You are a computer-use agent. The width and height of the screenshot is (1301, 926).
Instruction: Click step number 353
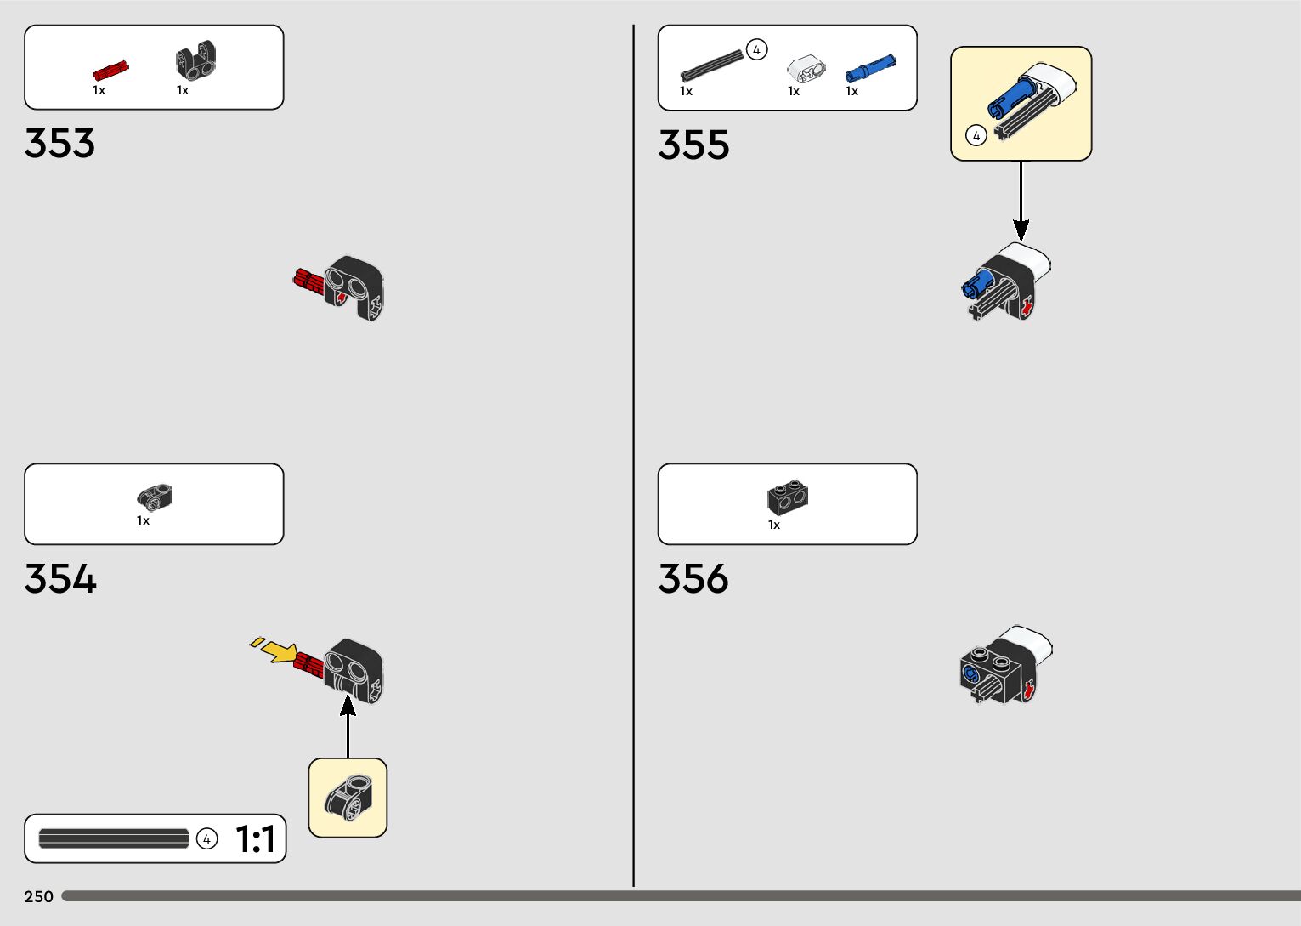pyautogui.click(x=59, y=143)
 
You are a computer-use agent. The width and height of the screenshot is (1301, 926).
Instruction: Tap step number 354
pyautogui.click(x=60, y=578)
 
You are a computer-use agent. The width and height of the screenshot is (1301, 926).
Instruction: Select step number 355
pyautogui.click(x=693, y=145)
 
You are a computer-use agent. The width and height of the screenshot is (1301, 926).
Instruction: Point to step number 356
pyautogui.click(x=693, y=578)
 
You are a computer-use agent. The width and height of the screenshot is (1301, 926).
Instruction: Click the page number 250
pyautogui.click(x=39, y=896)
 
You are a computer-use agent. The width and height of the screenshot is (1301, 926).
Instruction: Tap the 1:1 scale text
pyautogui.click(x=255, y=839)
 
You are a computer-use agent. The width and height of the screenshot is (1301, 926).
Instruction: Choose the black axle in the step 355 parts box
pyautogui.click(x=711, y=65)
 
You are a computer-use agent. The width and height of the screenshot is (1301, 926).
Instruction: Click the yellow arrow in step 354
pyautogui.click(x=277, y=651)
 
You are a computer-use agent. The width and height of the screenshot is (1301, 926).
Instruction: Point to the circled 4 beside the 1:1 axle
pyautogui.click(x=206, y=839)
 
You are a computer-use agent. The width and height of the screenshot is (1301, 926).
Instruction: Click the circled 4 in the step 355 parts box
pyautogui.click(x=756, y=50)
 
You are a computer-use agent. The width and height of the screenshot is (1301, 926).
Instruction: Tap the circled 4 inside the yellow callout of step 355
pyautogui.click(x=976, y=135)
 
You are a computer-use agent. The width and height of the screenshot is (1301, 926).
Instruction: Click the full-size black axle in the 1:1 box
pyautogui.click(x=114, y=839)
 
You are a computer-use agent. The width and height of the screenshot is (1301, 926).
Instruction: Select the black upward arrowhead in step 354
pyautogui.click(x=348, y=704)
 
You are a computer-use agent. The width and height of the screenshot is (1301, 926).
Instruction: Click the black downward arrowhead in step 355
pyautogui.click(x=1021, y=230)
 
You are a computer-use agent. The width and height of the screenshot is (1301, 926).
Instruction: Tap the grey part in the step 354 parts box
pyautogui.click(x=155, y=496)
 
